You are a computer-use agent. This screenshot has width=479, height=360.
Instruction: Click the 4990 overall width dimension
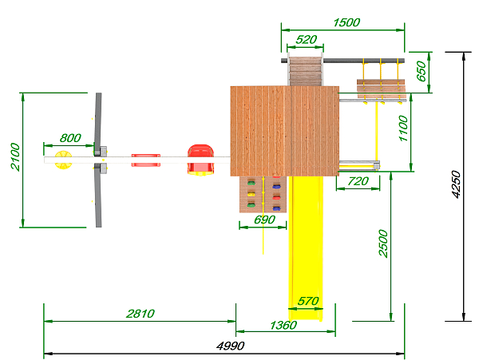pos(231,346)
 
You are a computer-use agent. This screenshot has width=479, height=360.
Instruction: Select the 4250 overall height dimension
pos(456,184)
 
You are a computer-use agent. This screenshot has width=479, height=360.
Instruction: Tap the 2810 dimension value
pos(141,314)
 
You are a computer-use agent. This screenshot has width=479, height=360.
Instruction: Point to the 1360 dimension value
pos(283,325)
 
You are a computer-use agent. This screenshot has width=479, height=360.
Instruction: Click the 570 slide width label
pos(308,302)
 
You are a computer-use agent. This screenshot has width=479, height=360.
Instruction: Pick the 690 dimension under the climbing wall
pos(264,220)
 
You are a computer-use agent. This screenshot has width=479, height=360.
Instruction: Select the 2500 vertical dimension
pos(383,243)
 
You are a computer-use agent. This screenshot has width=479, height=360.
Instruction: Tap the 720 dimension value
pos(358,181)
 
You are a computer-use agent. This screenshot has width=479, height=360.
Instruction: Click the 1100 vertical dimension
pos(403,129)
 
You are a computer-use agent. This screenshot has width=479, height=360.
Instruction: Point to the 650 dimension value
pos(422,71)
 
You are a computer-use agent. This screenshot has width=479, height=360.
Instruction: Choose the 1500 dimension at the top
pos(346,22)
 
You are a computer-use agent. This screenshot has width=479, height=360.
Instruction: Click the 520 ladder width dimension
pos(307,40)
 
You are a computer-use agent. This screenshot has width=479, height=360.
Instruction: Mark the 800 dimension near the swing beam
pos(70,138)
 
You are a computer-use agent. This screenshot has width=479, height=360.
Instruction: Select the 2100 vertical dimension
pos(15,156)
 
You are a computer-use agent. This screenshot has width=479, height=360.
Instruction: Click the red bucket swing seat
pos(200,160)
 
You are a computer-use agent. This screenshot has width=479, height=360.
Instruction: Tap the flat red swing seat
pos(146,160)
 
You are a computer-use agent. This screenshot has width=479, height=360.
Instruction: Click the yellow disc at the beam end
pos(63,160)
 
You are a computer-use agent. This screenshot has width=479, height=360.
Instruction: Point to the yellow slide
pos(306,248)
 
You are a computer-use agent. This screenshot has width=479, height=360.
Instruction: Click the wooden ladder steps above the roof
pos(306,71)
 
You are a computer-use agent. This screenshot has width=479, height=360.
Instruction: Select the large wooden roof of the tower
pos(285,131)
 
